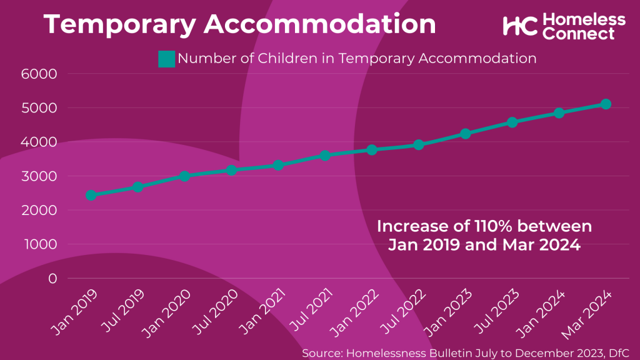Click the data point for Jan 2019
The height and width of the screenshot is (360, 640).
91,195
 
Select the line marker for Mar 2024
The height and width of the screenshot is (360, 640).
606,104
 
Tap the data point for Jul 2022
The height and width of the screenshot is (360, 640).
419,145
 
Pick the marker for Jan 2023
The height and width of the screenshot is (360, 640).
466,134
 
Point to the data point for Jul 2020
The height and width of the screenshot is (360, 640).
231,170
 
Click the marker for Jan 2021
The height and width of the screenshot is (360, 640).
278,166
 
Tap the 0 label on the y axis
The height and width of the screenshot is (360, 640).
52,278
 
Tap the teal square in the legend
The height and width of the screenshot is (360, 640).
167,59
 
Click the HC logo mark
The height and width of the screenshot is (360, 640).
519,26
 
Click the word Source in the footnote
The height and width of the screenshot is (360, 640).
321,353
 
